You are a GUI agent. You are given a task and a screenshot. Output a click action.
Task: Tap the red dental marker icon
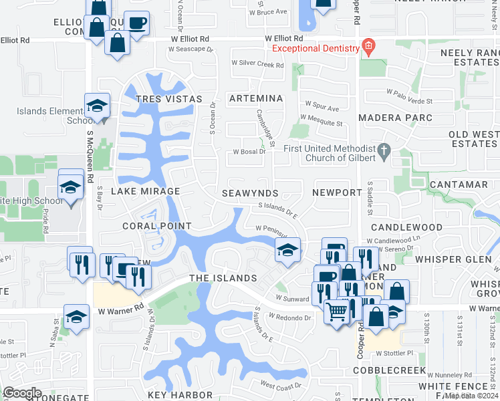368,45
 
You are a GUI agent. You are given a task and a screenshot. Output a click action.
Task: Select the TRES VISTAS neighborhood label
168,99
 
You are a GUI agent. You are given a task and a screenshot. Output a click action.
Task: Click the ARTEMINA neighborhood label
256,98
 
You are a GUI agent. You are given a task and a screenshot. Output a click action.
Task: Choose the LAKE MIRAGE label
145,191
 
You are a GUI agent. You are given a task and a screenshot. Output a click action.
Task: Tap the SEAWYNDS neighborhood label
251,193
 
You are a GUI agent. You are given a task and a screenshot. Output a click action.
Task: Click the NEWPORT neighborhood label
337,192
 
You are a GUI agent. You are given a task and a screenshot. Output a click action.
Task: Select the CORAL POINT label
157,227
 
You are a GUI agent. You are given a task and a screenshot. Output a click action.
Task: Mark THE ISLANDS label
223,278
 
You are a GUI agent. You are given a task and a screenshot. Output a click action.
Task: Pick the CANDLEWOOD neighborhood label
407,227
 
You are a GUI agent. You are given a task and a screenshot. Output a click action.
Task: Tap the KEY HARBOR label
176,395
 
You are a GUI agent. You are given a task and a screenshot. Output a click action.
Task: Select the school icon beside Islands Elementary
97,106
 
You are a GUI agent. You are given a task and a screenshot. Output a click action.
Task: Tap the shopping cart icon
336,311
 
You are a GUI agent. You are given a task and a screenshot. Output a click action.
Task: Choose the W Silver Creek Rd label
257,65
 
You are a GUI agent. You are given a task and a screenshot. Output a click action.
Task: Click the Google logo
22,393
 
